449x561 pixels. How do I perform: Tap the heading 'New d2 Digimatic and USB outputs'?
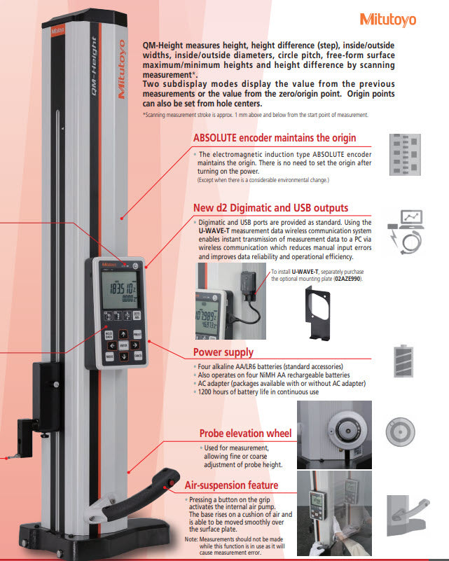270,208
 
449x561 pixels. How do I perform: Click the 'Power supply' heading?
223,352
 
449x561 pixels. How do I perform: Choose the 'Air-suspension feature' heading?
231,485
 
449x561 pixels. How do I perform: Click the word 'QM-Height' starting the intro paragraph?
160,42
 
